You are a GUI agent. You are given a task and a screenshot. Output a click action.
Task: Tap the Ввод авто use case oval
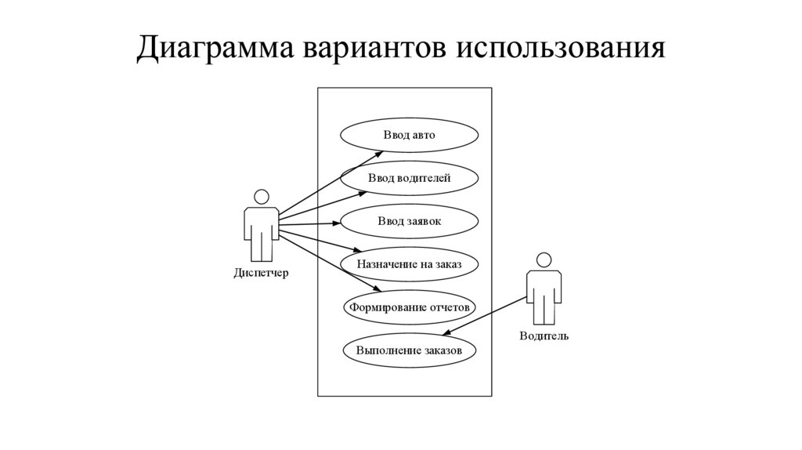tap(409, 135)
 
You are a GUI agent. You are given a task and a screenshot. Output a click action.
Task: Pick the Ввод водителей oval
tap(409, 179)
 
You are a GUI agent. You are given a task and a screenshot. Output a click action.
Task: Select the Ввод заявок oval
tap(409, 222)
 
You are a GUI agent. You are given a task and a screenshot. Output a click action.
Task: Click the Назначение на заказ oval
tap(409, 265)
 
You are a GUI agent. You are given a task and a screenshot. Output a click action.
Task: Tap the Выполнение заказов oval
tap(409, 350)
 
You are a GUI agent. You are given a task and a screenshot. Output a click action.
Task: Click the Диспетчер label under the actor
tap(261, 274)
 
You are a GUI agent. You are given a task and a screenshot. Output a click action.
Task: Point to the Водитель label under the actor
tap(544, 336)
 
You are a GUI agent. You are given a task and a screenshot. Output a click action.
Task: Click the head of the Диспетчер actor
tap(262, 197)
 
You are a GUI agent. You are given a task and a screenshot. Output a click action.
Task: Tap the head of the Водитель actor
tap(544, 260)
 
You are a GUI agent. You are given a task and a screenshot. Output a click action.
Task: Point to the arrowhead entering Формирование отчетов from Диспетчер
tap(382, 292)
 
